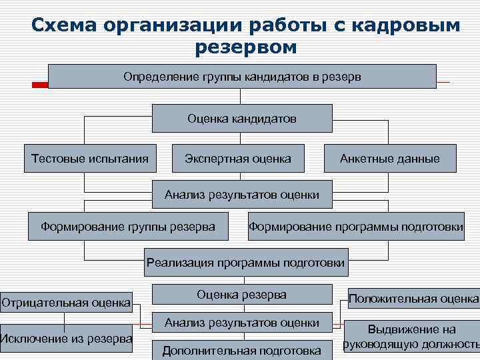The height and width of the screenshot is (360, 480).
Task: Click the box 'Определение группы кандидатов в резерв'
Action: (x=242, y=77)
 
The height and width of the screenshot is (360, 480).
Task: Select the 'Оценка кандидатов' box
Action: (x=242, y=118)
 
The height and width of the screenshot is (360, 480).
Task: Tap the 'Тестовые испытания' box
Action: (x=90, y=159)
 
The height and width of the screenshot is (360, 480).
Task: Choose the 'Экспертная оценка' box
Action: (x=238, y=159)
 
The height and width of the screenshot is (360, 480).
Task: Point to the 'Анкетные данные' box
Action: (x=390, y=159)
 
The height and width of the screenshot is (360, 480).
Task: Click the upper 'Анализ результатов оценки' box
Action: (x=242, y=195)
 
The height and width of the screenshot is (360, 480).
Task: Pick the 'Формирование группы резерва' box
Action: (x=128, y=227)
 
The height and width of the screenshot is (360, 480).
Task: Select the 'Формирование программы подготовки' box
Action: (x=357, y=227)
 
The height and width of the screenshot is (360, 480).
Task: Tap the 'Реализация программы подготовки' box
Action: (x=246, y=262)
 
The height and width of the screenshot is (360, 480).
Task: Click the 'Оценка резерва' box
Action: (x=242, y=294)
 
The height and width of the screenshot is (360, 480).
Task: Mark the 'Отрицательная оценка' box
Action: (x=66, y=303)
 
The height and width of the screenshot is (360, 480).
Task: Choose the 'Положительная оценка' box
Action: (x=413, y=298)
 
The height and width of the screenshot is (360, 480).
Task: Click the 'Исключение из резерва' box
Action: (x=66, y=339)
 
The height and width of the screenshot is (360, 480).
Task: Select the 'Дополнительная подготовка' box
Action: (x=242, y=350)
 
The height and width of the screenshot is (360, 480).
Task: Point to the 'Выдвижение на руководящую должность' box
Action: (x=412, y=337)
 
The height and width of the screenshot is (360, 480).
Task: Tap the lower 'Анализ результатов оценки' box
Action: (x=242, y=323)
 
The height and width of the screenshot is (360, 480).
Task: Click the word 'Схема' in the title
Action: (x=65, y=25)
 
